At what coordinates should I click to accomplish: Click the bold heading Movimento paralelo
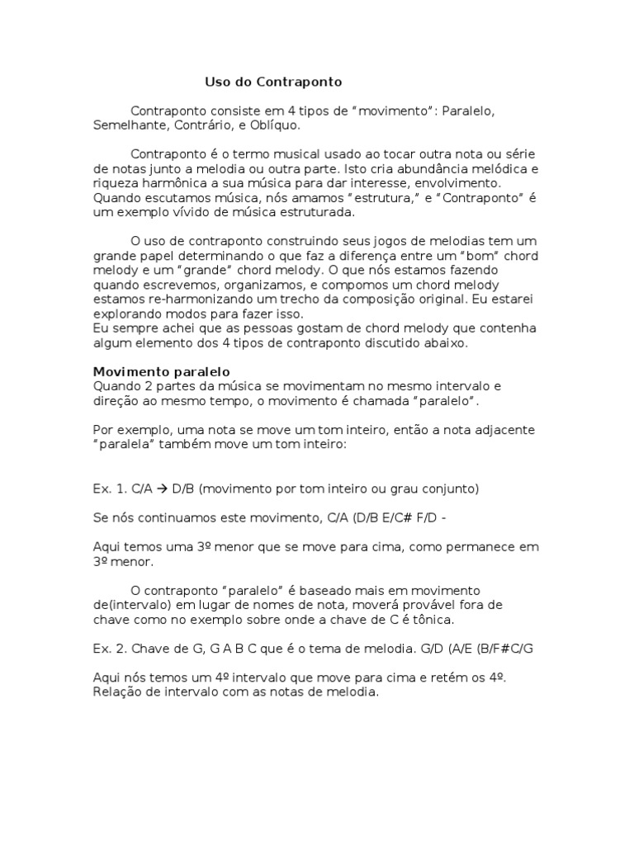coord(161,371)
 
